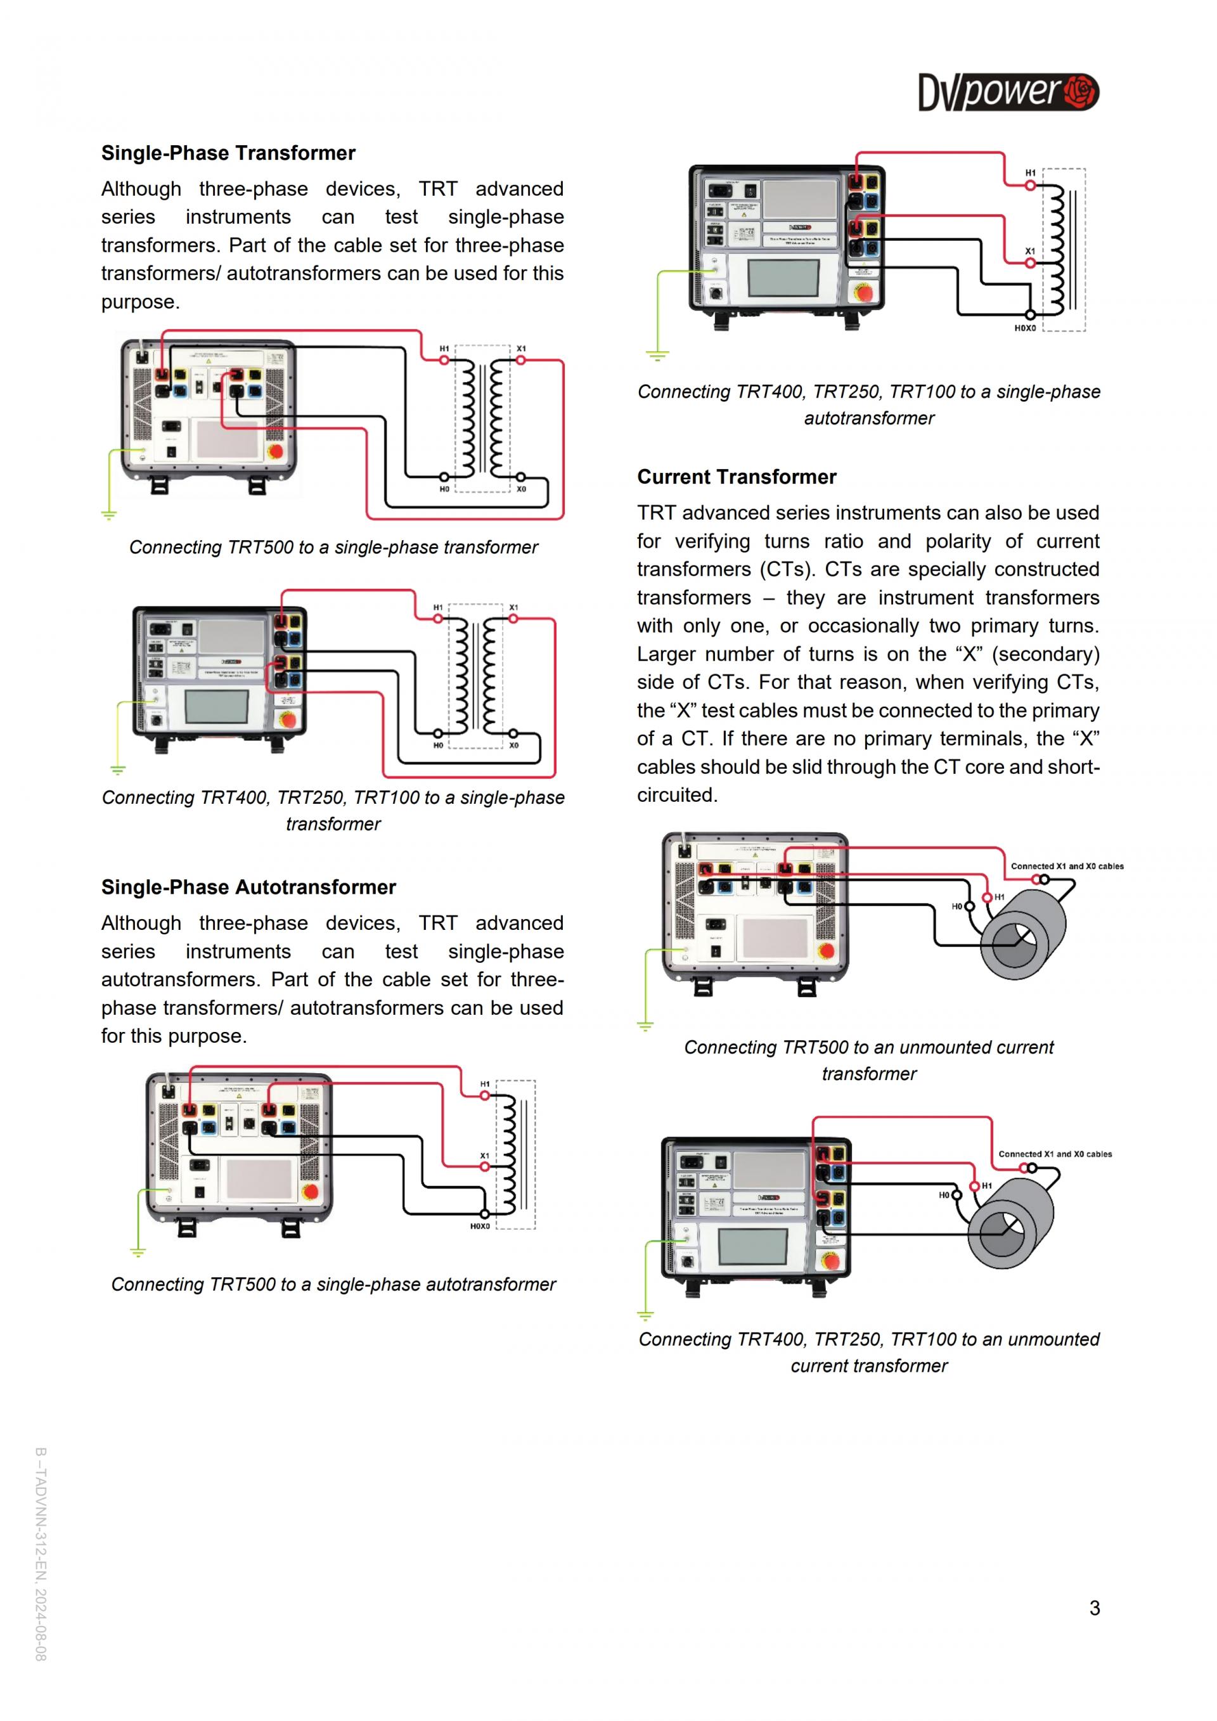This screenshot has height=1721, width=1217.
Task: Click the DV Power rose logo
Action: [x=1080, y=92]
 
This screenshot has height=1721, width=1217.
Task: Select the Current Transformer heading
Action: [x=736, y=477]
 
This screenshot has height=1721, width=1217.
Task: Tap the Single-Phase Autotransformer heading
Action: [x=248, y=887]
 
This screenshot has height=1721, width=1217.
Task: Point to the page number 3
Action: [x=1094, y=1608]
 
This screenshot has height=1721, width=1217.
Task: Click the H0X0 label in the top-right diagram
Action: [x=1024, y=328]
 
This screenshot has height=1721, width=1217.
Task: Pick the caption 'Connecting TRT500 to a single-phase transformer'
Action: [x=333, y=548]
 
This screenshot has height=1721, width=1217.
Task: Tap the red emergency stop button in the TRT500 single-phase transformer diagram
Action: [x=275, y=451]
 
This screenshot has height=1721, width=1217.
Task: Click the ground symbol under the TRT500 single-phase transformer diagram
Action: [x=108, y=515]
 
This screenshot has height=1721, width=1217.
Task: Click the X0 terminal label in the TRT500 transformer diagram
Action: [x=521, y=489]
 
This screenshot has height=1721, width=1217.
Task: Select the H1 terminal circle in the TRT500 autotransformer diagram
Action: [x=485, y=1096]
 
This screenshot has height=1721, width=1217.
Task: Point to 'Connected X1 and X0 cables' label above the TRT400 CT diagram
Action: [x=1054, y=1154]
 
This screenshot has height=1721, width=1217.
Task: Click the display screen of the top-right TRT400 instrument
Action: [x=783, y=278]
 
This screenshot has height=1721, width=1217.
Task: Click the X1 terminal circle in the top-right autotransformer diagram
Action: [x=1031, y=263]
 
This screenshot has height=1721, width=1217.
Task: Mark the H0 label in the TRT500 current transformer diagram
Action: [x=956, y=907]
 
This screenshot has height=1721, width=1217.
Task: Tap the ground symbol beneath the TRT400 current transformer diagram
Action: [x=645, y=1314]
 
